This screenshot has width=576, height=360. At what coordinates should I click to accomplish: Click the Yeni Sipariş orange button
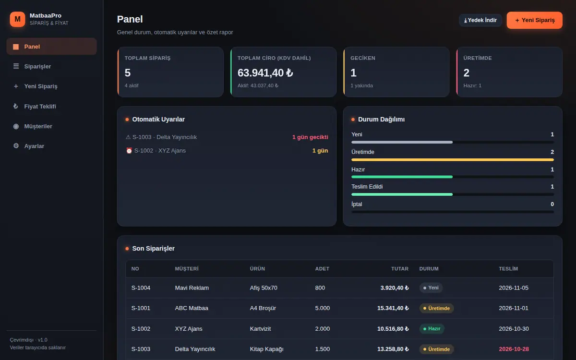click(534, 20)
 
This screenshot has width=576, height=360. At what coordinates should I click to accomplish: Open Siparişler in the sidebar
click(37, 66)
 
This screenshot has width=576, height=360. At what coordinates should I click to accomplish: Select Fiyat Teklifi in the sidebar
click(40, 107)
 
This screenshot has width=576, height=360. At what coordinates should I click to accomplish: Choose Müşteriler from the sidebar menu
click(38, 126)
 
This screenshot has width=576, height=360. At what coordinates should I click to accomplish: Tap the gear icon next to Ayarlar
click(16, 146)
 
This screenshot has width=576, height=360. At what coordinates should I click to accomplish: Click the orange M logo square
click(17, 19)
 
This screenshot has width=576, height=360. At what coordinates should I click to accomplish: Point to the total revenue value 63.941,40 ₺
click(265, 73)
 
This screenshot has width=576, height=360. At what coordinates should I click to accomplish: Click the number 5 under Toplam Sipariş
click(128, 73)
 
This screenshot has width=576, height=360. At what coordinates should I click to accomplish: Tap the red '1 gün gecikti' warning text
click(310, 137)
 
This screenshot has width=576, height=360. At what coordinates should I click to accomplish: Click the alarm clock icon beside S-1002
click(129, 150)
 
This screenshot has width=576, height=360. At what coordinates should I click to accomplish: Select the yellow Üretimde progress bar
click(453, 160)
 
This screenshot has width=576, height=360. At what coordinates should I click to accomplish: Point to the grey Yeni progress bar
click(402, 142)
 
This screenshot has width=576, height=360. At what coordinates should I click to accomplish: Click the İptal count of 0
click(552, 204)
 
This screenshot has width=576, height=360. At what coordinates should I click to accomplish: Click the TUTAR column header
click(399, 269)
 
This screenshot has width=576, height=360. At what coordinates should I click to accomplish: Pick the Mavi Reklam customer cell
click(192, 288)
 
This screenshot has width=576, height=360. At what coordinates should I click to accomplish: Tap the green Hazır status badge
click(432, 329)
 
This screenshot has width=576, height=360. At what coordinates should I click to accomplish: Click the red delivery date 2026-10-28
click(514, 349)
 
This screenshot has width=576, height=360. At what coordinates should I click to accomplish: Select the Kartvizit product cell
click(260, 329)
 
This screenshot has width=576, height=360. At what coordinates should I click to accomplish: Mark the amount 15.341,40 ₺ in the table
click(393, 308)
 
